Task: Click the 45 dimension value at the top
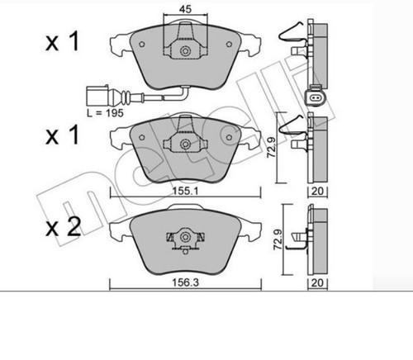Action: tap(185, 9)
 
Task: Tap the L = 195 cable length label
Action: tap(105, 113)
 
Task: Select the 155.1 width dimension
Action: tap(185, 191)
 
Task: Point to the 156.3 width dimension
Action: tap(185, 282)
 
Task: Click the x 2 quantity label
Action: tap(63, 228)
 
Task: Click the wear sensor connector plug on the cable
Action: tap(97, 96)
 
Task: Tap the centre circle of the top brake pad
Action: tap(185, 51)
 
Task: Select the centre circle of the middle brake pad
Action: tap(185, 144)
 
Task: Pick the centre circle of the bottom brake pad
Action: tap(185, 237)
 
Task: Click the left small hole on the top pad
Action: tap(142, 44)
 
